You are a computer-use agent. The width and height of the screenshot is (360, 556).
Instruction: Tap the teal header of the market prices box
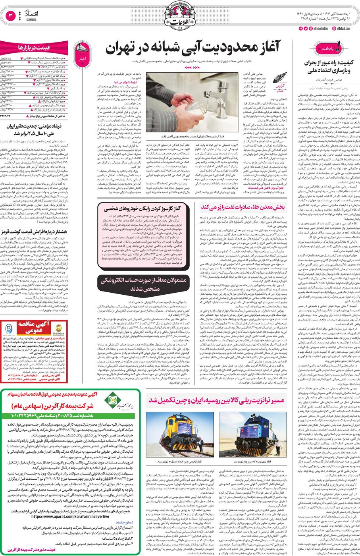[34, 48]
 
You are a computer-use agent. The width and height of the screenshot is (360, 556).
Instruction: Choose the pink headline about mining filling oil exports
[243, 207]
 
